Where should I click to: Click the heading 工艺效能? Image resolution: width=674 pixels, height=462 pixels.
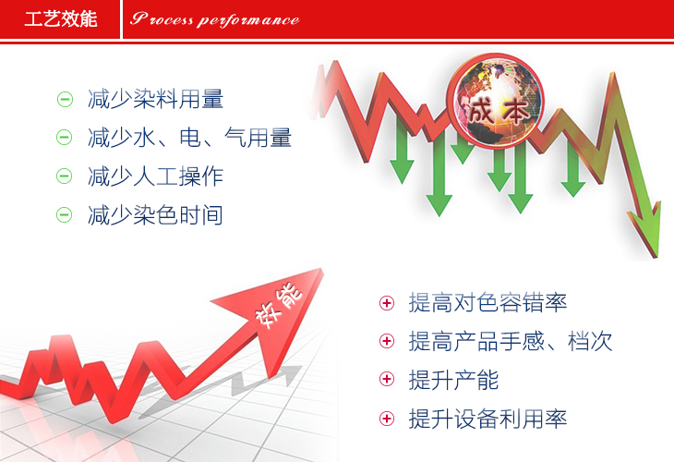tap(61, 19)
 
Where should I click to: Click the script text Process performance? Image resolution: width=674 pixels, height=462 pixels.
tap(214, 19)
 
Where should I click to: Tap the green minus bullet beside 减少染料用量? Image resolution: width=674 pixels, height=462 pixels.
tap(65, 100)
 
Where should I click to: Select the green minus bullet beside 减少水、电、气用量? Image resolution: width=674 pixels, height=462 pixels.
tap(65, 138)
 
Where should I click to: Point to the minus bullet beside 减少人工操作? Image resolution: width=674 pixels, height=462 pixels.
tap(65, 176)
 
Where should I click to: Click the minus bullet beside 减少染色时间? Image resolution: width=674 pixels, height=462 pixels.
tap(65, 214)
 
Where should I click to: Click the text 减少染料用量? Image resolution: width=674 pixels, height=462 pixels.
tap(155, 99)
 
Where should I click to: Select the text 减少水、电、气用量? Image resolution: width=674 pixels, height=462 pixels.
tap(189, 138)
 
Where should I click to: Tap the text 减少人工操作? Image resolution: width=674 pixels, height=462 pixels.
tap(155, 176)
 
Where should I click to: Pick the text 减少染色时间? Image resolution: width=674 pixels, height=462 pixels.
tap(155, 215)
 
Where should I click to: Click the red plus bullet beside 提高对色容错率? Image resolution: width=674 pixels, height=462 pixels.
tap(387, 303)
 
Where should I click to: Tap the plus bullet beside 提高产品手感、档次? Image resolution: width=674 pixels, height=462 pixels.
tap(387, 341)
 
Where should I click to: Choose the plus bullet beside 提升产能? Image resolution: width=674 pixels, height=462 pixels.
tap(387, 379)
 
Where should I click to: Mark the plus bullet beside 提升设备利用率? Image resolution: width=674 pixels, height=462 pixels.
tap(387, 419)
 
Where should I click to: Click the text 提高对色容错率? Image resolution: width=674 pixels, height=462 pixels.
tap(487, 302)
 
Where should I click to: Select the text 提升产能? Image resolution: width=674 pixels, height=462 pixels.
tap(453, 380)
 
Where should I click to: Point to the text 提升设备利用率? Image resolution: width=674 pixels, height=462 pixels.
tap(487, 419)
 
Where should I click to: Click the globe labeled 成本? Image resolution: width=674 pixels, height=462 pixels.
tap(495, 101)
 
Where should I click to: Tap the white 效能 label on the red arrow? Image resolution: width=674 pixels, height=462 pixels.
tap(279, 305)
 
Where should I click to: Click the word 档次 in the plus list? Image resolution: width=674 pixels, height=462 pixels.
tap(590, 341)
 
